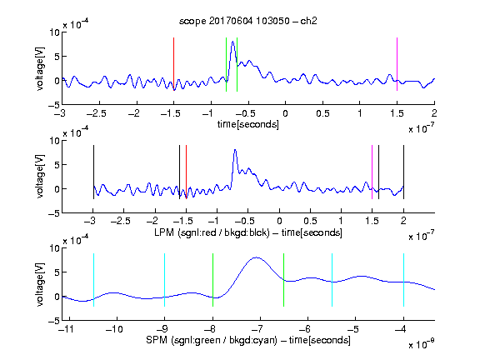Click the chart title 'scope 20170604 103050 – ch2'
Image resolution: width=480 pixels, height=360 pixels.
tap(248, 21)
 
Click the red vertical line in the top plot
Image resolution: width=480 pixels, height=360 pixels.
tap(173, 64)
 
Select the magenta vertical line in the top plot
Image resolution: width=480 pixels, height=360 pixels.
tap(397, 64)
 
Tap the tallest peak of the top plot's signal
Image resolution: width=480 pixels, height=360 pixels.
tap(233, 42)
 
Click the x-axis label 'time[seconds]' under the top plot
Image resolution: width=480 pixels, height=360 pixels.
tap(248, 124)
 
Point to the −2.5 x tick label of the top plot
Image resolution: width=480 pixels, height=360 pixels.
tap(97, 113)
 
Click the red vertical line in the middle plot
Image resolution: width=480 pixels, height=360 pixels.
tap(186, 172)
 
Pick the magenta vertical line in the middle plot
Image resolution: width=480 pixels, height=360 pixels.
tap(372, 172)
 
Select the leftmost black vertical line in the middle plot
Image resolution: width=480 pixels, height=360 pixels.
tap(93, 172)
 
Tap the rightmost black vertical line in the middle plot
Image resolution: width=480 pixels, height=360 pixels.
tap(403, 172)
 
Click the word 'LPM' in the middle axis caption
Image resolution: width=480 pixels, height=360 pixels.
tap(164, 232)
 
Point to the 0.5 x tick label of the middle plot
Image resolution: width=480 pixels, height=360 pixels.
tap(310, 221)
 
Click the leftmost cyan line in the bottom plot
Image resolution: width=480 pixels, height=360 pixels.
tap(93, 280)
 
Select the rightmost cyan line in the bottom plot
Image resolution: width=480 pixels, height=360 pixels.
tap(404, 280)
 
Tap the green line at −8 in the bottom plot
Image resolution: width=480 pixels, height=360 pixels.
tap(212, 280)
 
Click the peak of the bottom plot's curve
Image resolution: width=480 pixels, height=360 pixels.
tap(257, 257)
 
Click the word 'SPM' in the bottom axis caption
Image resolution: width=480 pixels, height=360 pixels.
tap(157, 340)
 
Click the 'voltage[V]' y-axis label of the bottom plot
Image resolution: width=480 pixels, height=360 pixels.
tap(40, 285)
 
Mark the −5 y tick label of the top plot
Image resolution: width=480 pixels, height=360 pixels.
tap(54, 105)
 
